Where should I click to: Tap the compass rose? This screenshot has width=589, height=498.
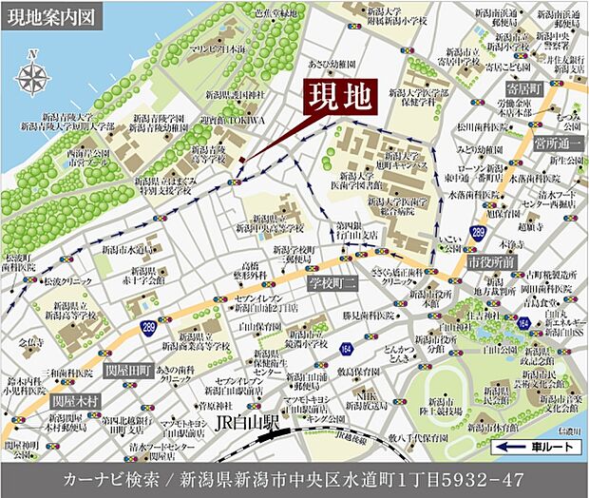(34, 77)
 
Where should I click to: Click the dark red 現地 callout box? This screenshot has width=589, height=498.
(338, 96)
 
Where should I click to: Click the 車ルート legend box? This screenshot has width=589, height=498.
(539, 445)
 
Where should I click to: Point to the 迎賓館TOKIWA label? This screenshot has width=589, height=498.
(233, 122)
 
